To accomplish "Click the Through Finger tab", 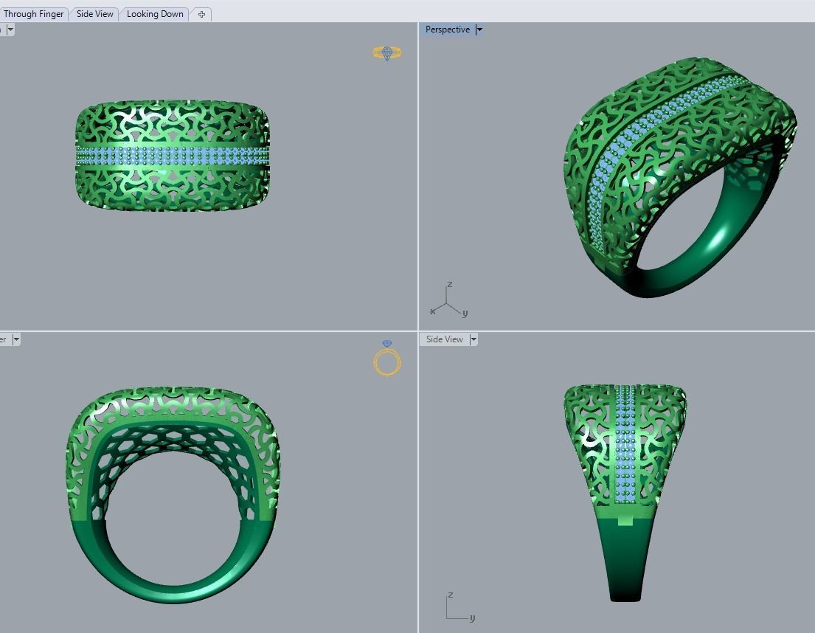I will coord(33,14).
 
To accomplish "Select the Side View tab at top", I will coord(95,14).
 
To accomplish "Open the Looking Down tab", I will coord(155,14).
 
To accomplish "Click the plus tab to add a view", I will coord(201,14).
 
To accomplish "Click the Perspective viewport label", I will coord(447,30).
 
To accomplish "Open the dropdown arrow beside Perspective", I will coord(479,30).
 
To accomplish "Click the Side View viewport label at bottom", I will coord(444,339).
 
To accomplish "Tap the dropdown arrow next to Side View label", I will coord(474,339).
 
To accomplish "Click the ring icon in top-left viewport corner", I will coord(386,52).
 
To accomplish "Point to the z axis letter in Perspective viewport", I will coord(449,285).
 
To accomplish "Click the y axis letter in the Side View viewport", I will coord(472,618).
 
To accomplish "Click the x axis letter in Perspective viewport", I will coord(432,311).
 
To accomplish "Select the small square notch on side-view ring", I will coord(625,520).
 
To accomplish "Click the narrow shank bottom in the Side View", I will coord(625,594).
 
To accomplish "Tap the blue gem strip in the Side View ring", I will coord(625,443).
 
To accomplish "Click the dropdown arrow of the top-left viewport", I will coord(10,30).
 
